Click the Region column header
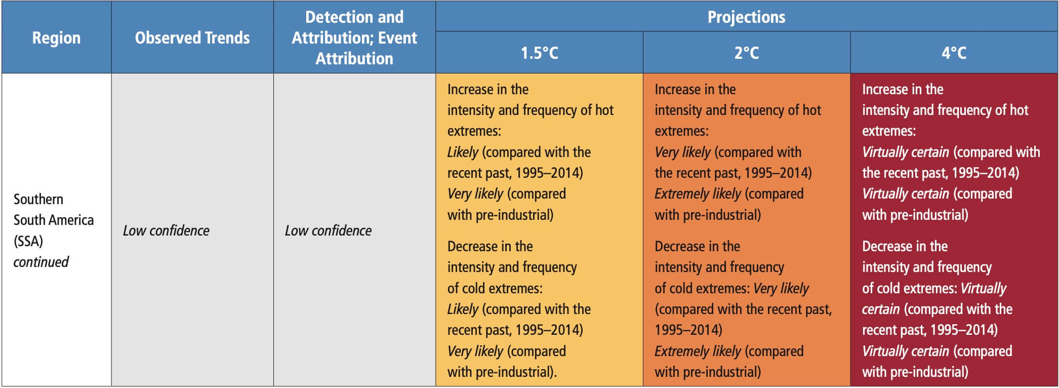point(56,38)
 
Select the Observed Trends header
point(192,38)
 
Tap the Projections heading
point(746,17)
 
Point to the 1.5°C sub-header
point(539,53)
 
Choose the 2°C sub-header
point(746,53)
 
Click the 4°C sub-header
point(954,53)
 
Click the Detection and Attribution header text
point(354,38)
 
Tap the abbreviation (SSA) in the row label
point(28,241)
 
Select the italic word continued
point(41,262)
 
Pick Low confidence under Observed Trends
point(166,230)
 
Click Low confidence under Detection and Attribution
point(328,230)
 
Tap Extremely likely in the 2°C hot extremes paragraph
point(698,194)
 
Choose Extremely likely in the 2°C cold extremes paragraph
point(698,352)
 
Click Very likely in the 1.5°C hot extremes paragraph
point(475,194)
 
